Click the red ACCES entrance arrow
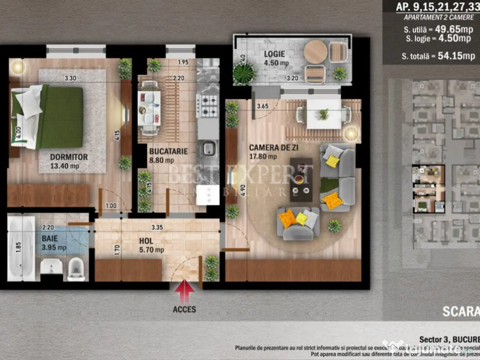pyautogui.click(x=185, y=292)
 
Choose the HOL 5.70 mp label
pyautogui.click(x=151, y=245)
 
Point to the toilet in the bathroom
pyautogui.click(x=76, y=270)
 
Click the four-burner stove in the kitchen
pyautogui.click(x=207, y=105)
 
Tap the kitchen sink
pyautogui.click(x=208, y=150)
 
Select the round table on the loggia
pyautogui.click(x=315, y=52)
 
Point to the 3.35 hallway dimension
pyautogui.click(x=157, y=228)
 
